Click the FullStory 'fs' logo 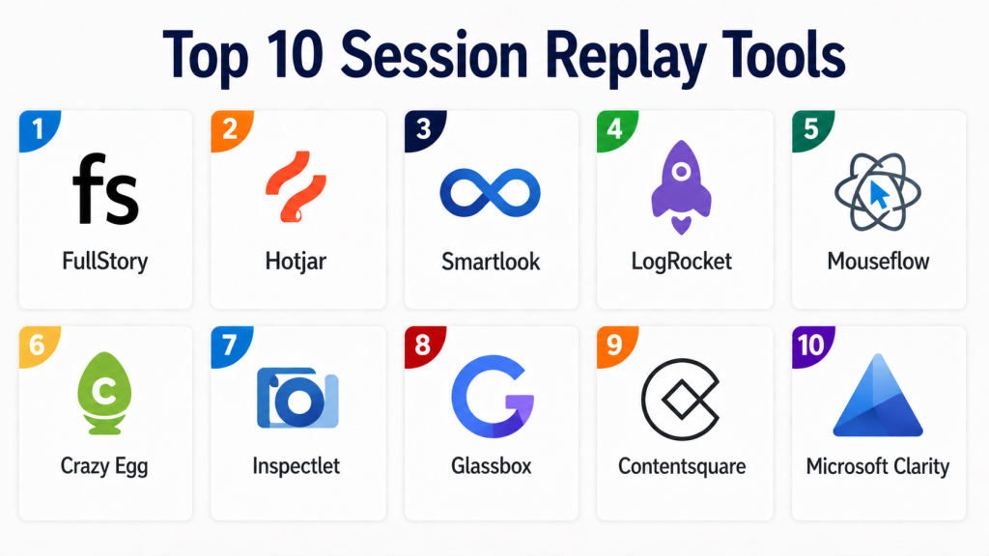pyautogui.click(x=105, y=189)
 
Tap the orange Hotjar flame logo pyautogui.click(x=296, y=186)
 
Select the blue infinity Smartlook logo pyautogui.click(x=490, y=193)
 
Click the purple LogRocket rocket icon pyautogui.click(x=681, y=186)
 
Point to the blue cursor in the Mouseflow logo pyautogui.click(x=879, y=195)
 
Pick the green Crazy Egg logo pyautogui.click(x=104, y=393)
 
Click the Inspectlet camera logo pyautogui.click(x=297, y=399)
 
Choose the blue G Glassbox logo pyautogui.click(x=493, y=397)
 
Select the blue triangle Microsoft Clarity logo pyautogui.click(x=878, y=397)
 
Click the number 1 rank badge pyautogui.click(x=39, y=130)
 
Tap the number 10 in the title pyautogui.click(x=295, y=56)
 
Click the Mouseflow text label pyautogui.click(x=878, y=261)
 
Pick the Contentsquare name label pyautogui.click(x=681, y=466)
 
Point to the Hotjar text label pyautogui.click(x=296, y=262)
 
